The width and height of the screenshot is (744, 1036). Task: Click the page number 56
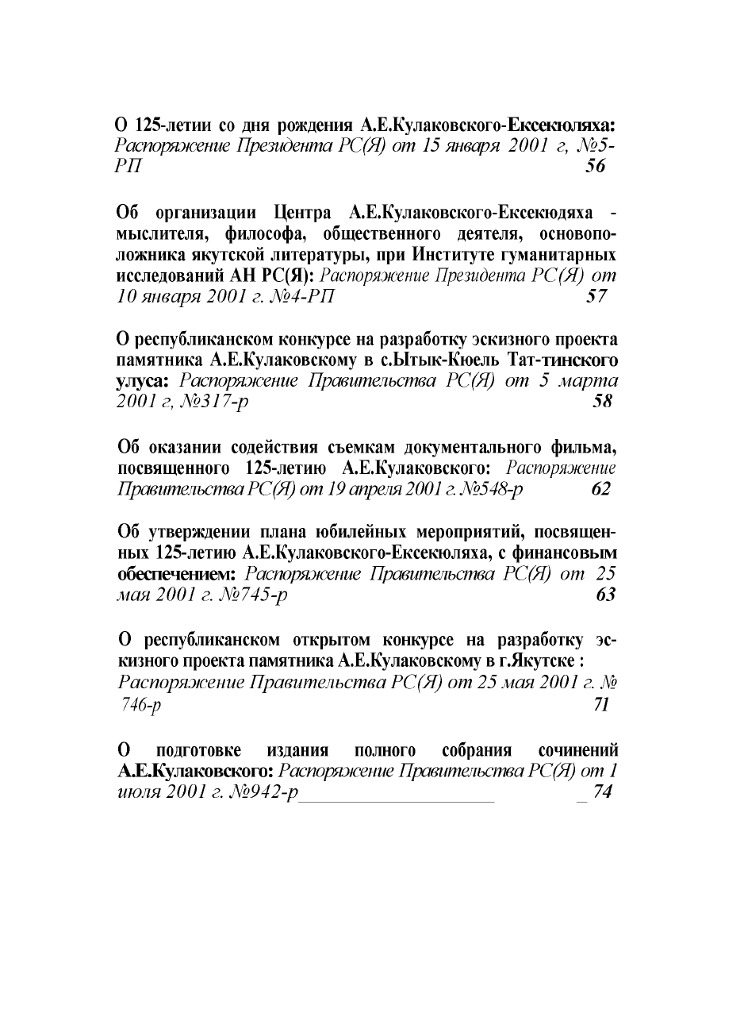coord(595,167)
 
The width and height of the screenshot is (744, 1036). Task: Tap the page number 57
coord(595,297)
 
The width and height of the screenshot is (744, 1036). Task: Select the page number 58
coord(603,402)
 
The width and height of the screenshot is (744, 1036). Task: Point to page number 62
coord(601,489)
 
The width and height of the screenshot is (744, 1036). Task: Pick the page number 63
coord(605,595)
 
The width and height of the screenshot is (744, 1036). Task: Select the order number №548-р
coord(481,489)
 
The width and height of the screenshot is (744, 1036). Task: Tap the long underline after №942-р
coord(397,795)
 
